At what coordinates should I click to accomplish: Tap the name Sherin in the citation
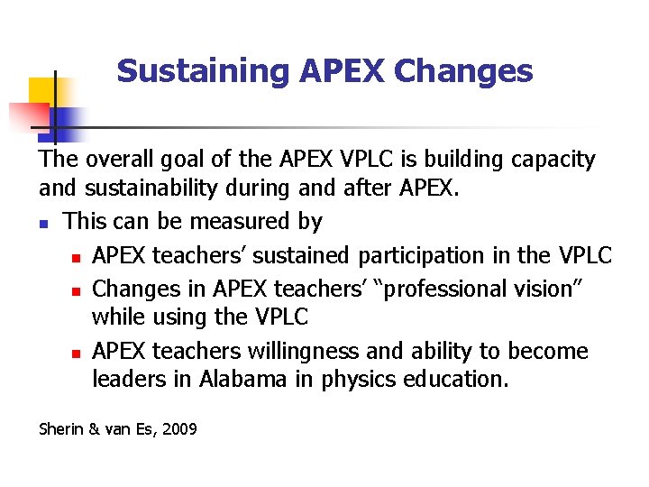59,429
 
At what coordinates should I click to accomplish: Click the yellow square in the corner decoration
41,91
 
